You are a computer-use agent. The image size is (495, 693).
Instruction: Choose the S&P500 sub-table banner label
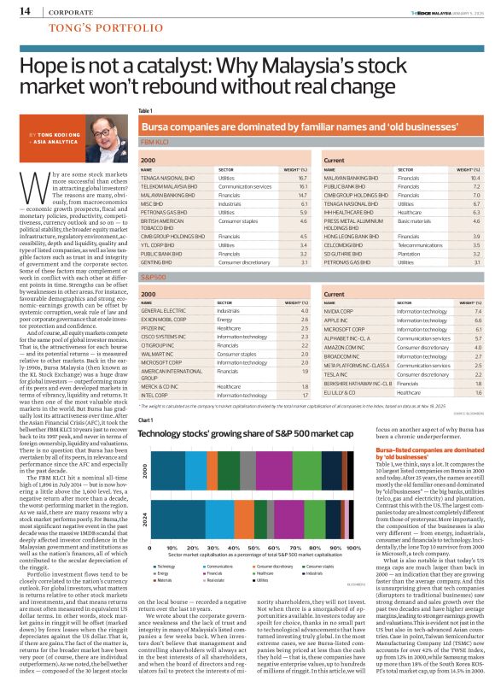click(154, 278)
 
